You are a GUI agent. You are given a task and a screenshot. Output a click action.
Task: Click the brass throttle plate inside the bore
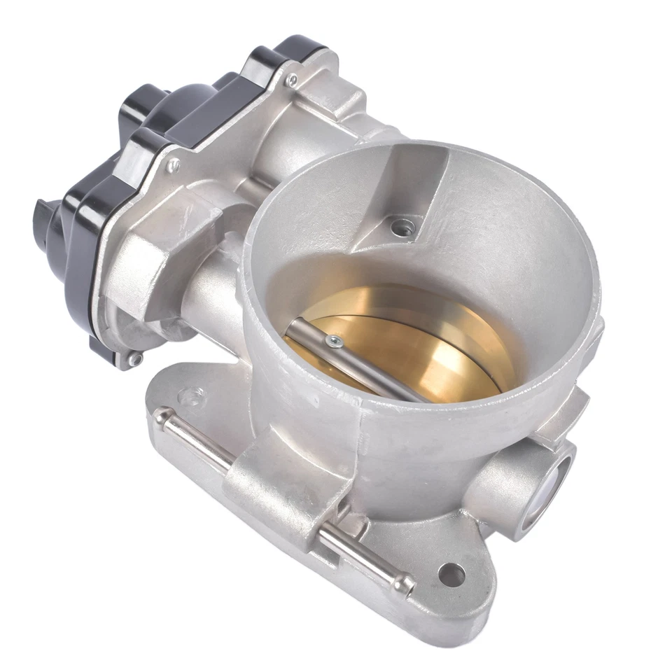(x=420, y=350)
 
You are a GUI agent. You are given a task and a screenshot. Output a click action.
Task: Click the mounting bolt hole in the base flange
(x=451, y=575)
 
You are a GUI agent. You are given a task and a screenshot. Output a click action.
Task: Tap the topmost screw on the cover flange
(x=293, y=78)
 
